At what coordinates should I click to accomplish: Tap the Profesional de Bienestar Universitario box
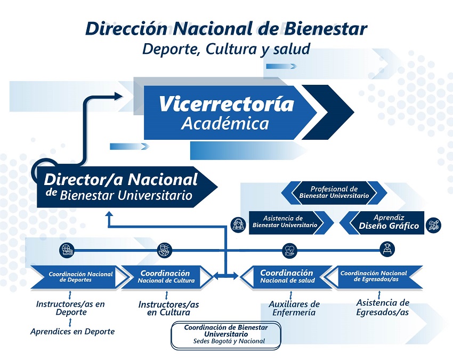tap(334, 193)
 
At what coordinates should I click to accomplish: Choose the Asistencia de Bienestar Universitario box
tap(284, 222)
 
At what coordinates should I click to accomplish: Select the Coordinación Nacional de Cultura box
tap(167, 276)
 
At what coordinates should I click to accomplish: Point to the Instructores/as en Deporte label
tap(70, 308)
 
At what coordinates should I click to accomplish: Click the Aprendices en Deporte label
tap(72, 331)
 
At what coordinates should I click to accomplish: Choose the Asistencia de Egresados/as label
tap(382, 307)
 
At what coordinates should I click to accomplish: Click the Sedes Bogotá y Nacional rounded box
tap(225, 334)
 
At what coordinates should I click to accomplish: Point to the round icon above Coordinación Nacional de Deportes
tap(67, 249)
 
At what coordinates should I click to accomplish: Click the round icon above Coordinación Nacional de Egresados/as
tap(386, 249)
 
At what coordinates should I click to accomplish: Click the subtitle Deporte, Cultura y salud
tap(226, 49)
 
